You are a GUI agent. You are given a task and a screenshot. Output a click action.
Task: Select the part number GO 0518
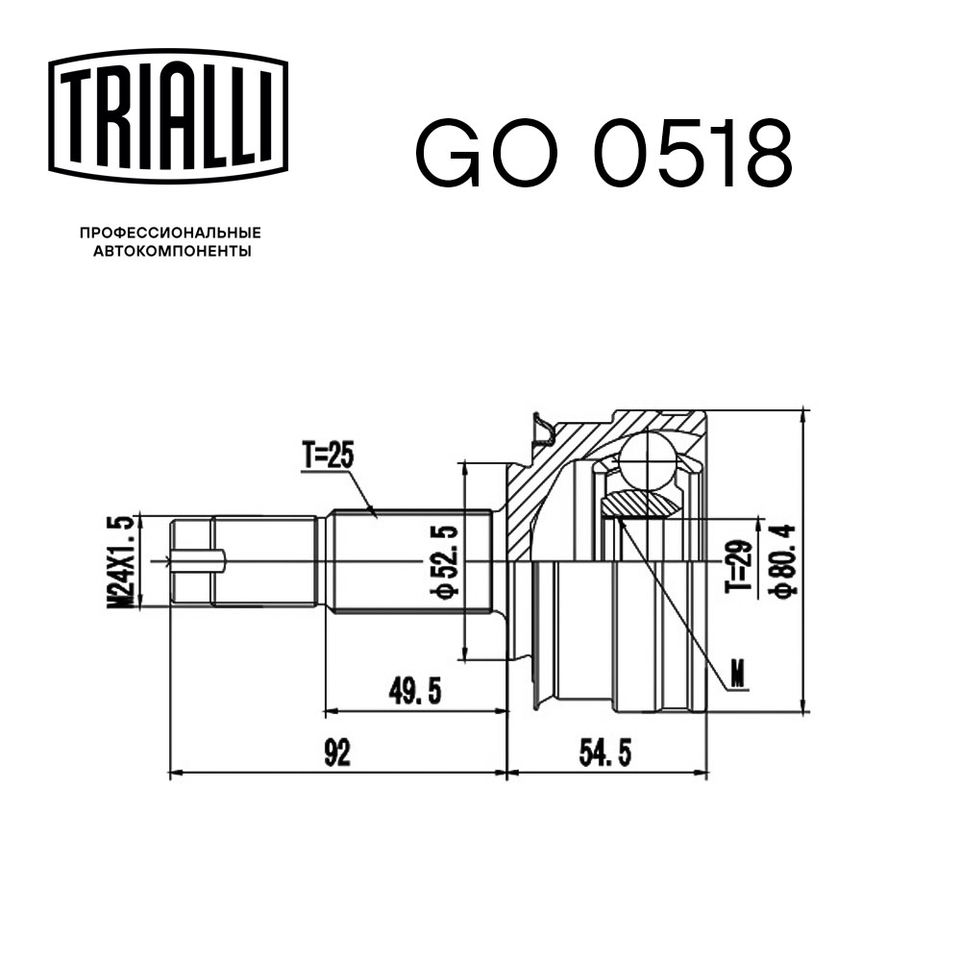[603, 154]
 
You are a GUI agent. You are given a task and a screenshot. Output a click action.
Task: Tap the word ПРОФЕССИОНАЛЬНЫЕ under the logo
[170, 233]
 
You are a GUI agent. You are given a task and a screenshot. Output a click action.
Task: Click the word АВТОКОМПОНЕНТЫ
[170, 252]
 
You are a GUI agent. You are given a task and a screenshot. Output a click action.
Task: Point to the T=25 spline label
[328, 455]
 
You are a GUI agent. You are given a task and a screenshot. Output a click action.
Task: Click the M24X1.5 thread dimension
[121, 562]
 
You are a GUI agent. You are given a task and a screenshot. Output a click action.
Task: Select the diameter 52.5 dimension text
[443, 562]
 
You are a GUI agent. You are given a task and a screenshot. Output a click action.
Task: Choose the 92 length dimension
[336, 752]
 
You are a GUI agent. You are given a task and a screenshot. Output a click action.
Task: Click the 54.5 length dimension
[605, 752]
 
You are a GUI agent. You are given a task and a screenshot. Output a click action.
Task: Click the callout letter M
[737, 676]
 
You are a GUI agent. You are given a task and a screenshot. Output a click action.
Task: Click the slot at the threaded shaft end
[198, 560]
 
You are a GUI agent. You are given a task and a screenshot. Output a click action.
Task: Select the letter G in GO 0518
[448, 154]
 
